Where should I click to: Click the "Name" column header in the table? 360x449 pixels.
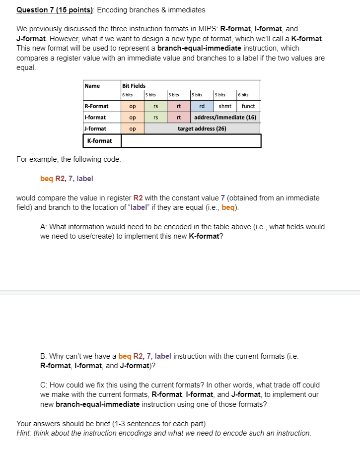point(92,86)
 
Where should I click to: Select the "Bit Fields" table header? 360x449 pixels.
point(134,86)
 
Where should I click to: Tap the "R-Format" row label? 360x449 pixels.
point(96,106)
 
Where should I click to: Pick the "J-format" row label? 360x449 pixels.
point(95,128)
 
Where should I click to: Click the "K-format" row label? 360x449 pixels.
point(99,141)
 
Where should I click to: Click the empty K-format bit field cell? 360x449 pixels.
point(191,141)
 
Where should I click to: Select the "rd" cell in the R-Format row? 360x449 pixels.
point(202,106)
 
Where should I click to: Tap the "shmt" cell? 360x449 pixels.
point(225,106)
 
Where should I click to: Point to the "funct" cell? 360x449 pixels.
point(248,106)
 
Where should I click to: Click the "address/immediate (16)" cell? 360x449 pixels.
point(225,118)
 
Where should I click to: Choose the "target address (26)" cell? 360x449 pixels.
point(202,128)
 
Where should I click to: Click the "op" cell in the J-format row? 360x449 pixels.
point(132,128)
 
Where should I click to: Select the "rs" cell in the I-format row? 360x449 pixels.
point(155,118)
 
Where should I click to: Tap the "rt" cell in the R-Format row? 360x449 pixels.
point(178,106)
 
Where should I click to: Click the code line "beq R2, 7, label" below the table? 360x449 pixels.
point(67,179)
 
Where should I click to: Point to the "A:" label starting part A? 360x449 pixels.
point(43,227)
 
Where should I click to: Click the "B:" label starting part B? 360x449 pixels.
point(43,356)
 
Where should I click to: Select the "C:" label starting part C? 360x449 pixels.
point(43,385)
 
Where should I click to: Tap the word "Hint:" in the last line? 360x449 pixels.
point(24,433)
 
